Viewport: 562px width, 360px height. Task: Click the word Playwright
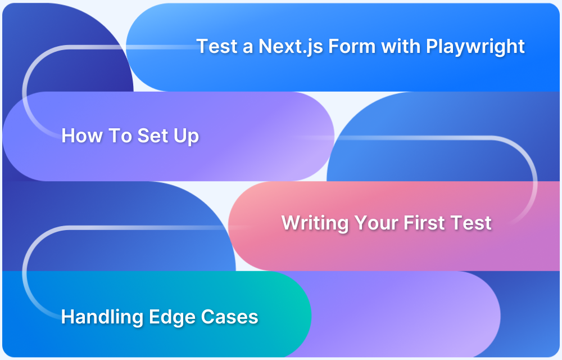[475, 46]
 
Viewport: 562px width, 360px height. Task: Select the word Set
[153, 136]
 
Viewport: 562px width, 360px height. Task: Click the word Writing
[315, 223]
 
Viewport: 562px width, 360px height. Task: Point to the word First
[425, 223]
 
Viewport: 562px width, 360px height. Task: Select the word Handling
[102, 317]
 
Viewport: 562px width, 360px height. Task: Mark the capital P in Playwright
[431, 46]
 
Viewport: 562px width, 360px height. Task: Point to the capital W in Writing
[291, 223]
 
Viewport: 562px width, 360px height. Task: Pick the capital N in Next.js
[264, 46]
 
